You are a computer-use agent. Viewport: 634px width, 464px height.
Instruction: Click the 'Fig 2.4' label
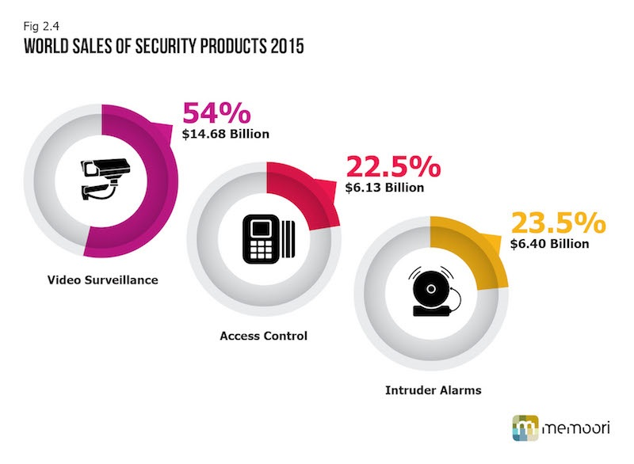click(36, 25)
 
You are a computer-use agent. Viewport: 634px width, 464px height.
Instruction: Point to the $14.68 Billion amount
click(226, 134)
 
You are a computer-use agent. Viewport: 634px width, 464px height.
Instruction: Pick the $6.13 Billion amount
click(385, 188)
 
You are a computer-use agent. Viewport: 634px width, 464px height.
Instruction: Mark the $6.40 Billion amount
click(549, 243)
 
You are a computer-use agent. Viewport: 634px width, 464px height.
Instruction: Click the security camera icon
click(100, 178)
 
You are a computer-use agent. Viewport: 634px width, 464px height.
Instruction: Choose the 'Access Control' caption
click(263, 336)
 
